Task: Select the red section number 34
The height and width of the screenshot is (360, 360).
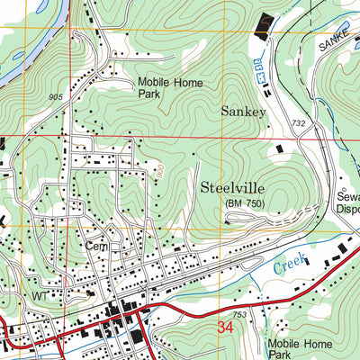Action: tap(227, 330)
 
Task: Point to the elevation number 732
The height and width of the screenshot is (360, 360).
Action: tap(299, 121)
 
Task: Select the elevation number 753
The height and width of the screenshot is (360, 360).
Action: tap(239, 315)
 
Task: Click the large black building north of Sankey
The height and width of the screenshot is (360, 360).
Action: tap(265, 26)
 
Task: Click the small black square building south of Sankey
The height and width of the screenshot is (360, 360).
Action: tap(278, 148)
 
